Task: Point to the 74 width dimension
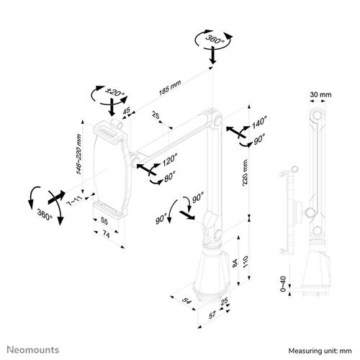tap(105, 235)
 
